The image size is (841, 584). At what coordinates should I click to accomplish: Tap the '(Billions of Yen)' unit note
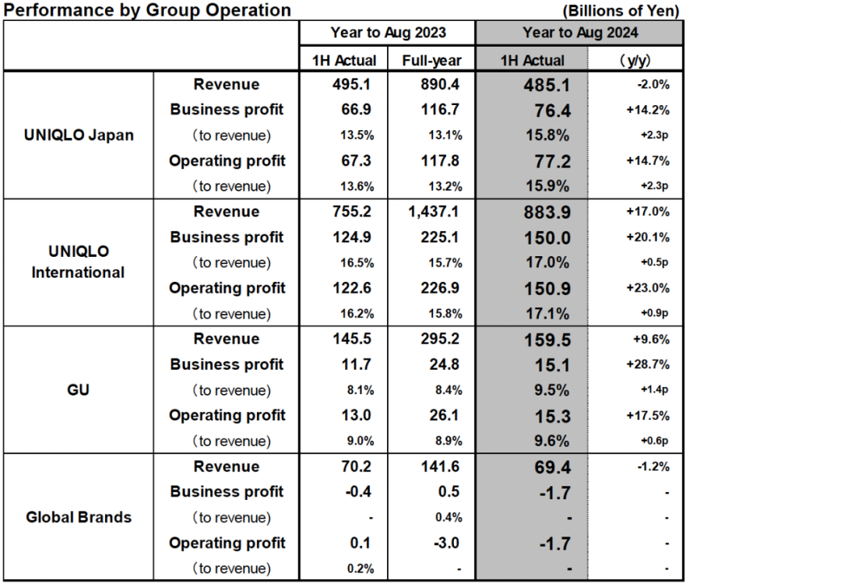620,11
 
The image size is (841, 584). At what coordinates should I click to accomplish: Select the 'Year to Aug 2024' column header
579,33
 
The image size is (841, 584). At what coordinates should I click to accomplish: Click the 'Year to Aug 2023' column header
388,33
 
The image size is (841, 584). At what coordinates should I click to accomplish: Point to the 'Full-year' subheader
432,60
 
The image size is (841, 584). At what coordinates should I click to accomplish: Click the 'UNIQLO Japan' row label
79,135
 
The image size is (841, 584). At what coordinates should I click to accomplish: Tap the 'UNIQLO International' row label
78,262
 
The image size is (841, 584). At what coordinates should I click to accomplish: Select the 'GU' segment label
79,389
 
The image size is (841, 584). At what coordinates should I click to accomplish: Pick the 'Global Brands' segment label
79,517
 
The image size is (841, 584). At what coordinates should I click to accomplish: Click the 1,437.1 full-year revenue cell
432,212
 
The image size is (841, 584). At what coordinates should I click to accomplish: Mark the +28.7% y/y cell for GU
647,364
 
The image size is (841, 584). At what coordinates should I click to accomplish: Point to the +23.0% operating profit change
647,288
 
